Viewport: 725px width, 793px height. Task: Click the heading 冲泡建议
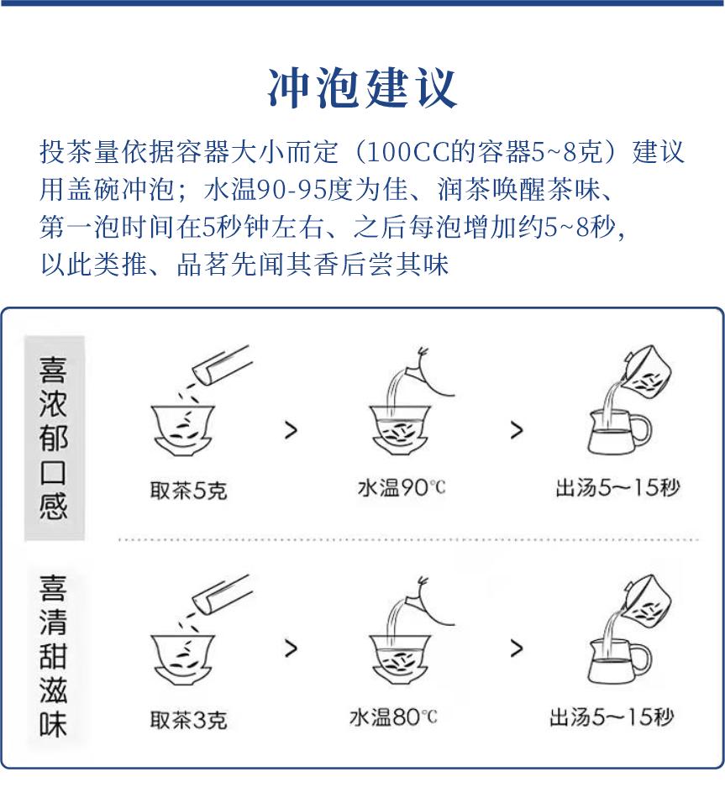coord(362,87)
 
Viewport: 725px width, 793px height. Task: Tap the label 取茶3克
coord(188,719)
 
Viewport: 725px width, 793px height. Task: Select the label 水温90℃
coord(402,487)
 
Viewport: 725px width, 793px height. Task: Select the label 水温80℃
coord(393,717)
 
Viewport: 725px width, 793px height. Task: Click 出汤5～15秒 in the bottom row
coord(612,717)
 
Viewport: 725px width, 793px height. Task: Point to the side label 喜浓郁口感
coord(54,438)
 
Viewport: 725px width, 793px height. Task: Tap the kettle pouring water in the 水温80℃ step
coord(426,602)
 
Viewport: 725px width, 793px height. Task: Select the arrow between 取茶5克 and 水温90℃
coord(291,431)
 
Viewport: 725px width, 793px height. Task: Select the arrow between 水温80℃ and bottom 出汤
coord(516,649)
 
